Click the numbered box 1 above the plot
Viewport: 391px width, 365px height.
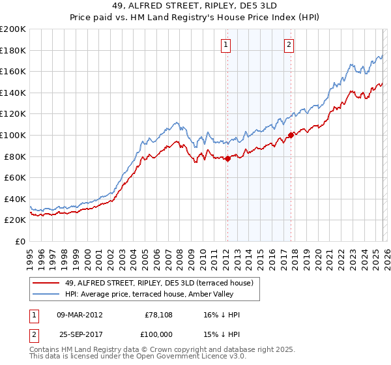point(225,45)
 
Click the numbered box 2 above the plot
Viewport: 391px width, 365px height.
point(288,45)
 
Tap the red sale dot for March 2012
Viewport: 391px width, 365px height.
point(227,158)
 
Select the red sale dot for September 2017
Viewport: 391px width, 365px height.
point(291,136)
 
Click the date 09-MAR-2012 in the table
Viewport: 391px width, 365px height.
point(80,315)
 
